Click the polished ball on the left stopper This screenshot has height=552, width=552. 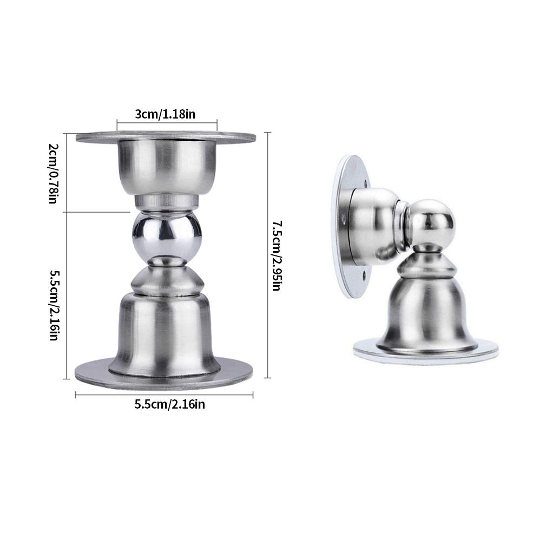coord(167,234)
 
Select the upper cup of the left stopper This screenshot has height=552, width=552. coord(166,165)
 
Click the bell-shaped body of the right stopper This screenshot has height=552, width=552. coord(427,314)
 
